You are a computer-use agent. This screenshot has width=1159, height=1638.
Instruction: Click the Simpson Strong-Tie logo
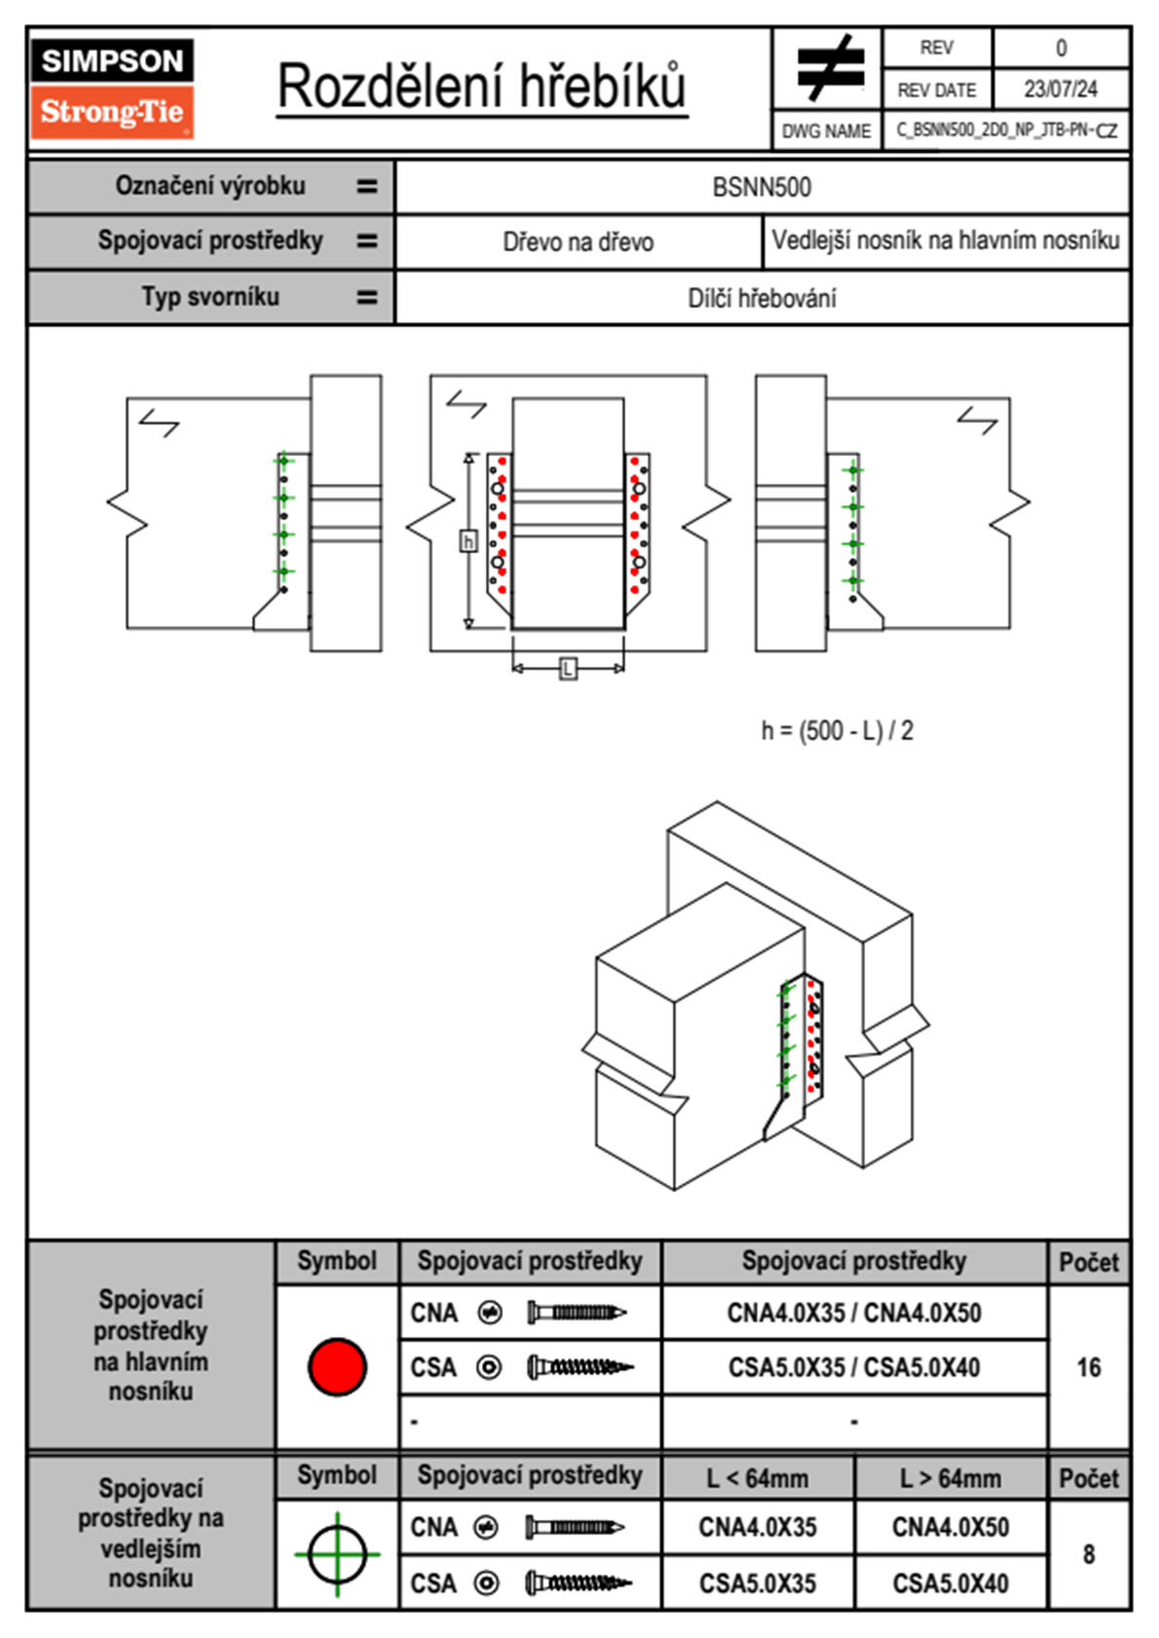pos(112,88)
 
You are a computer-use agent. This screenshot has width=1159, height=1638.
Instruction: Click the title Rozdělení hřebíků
pos(482,87)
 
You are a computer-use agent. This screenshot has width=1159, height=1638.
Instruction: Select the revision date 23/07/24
pos(1060,90)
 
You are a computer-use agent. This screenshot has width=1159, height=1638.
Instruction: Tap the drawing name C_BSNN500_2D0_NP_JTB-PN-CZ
pos(1006,130)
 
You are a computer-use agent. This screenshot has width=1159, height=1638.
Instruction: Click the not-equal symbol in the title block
pos(829,69)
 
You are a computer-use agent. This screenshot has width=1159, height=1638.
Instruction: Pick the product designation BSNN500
pos(762,188)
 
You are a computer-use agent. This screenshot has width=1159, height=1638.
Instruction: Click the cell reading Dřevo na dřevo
pos(578,242)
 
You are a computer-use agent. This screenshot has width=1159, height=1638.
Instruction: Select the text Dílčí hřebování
pos(762,298)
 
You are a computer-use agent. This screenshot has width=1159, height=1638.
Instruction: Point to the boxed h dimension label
pos(468,541)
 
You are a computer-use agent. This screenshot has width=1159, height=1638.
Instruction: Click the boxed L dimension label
pos(568,668)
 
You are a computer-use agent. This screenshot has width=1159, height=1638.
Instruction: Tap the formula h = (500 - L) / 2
pos(838,731)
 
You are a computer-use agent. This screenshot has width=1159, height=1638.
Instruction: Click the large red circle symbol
pos(337,1366)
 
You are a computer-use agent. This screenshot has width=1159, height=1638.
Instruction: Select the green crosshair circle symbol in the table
pos(337,1553)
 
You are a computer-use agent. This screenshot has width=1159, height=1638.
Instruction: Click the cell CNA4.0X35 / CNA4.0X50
pos(854,1313)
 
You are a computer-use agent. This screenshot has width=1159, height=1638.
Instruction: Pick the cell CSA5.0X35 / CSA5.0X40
pos(854,1367)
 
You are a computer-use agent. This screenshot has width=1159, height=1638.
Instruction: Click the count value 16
pos(1089,1367)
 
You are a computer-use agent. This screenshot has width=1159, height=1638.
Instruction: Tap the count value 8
pos(1089,1554)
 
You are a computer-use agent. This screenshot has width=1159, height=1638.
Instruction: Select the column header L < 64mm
pos(758,1478)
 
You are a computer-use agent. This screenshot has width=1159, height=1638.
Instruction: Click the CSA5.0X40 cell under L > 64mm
pos(951,1583)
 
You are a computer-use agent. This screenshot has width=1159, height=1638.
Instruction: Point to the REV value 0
pos(1061,48)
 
